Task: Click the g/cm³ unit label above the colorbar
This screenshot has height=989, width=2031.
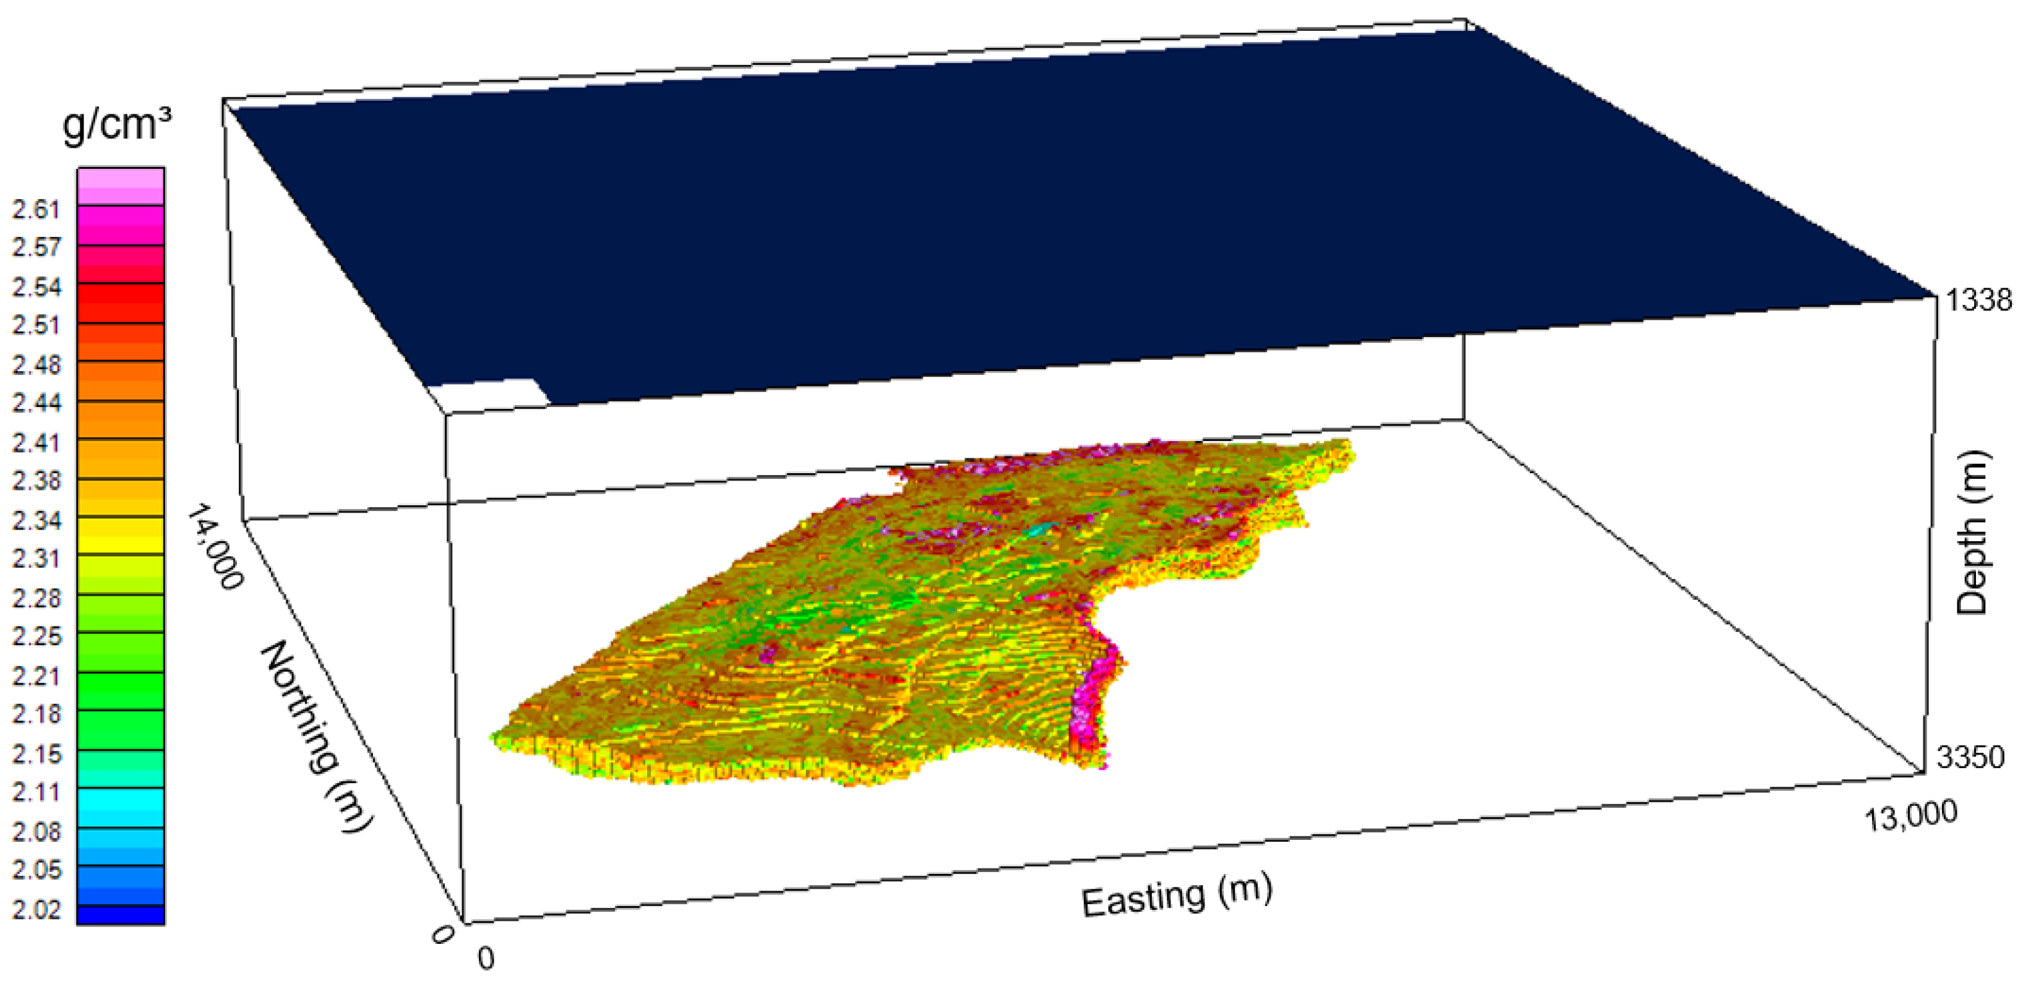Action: click(117, 124)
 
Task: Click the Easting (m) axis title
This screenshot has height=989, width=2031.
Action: click(1176, 897)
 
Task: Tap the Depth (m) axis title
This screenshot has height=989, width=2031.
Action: click(1973, 533)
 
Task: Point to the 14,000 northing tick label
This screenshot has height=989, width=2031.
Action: click(213, 548)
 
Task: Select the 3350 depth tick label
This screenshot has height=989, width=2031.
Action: click(1970, 757)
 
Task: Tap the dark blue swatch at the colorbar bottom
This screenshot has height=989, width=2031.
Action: click(121, 915)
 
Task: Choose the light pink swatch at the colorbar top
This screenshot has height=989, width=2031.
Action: click(121, 185)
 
